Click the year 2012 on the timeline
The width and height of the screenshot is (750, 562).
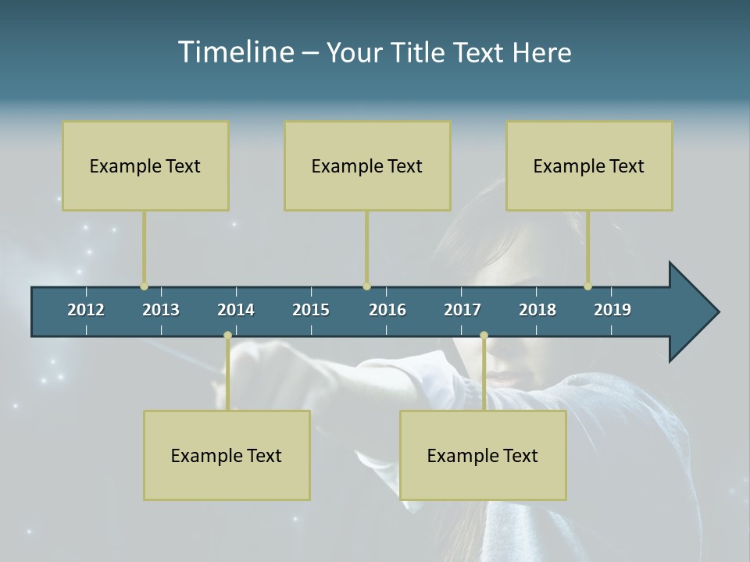86,310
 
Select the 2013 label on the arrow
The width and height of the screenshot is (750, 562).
161,310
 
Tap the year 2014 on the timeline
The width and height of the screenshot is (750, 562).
236,310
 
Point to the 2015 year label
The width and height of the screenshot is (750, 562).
311,310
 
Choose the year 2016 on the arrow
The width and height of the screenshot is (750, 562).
387,310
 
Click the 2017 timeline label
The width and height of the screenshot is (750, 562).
462,310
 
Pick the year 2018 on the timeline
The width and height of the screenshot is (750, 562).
537,310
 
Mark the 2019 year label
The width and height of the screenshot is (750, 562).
612,310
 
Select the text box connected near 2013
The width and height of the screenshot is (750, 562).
145,165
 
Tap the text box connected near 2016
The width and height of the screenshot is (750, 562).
367,165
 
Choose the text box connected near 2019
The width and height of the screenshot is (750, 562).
589,165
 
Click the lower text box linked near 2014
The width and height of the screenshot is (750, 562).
227,455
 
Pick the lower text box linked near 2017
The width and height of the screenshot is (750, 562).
483,455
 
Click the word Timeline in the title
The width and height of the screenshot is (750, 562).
235,52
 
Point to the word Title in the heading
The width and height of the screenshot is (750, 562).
420,53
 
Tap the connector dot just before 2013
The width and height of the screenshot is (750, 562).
144,286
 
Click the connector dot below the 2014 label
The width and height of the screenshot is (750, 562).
227,336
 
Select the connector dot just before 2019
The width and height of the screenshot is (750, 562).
587,286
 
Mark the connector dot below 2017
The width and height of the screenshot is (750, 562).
484,336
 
